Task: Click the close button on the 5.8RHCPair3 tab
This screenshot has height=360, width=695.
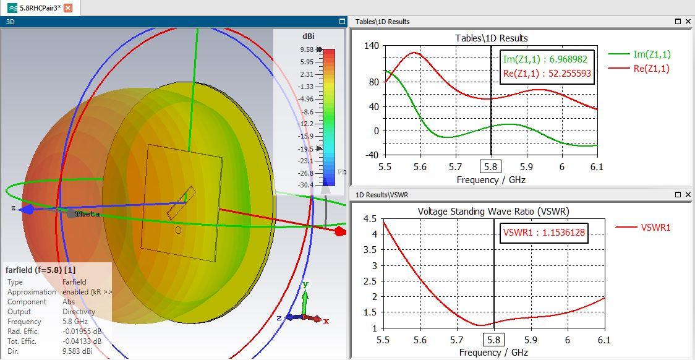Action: coord(68,8)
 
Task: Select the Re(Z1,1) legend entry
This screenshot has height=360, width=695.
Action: coord(651,69)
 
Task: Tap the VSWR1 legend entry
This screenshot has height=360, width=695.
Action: coord(655,228)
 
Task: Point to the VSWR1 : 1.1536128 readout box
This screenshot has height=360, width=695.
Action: coord(544,233)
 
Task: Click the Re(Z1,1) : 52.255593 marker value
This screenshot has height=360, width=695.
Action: coord(547,74)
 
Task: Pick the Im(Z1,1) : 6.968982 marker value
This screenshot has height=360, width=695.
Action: coord(545,59)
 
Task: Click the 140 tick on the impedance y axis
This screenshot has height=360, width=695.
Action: coord(372,46)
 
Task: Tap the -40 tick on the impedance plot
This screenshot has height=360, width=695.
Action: coord(372,155)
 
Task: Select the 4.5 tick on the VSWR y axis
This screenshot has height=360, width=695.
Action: coord(370,219)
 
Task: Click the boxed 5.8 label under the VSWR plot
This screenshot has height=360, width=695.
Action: coord(493,340)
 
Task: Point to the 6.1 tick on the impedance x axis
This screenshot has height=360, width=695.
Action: coord(597,167)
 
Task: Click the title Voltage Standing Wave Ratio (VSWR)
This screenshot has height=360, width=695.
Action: coord(493,212)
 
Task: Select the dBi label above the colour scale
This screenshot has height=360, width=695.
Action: coord(309,36)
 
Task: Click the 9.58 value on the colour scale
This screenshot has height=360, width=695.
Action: coord(307,49)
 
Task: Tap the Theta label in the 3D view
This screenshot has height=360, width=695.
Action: coord(87,214)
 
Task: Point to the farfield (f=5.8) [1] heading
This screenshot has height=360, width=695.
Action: coord(40,270)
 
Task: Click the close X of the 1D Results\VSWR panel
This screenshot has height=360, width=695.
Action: coord(688,195)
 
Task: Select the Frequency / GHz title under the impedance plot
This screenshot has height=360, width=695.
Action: coord(491,180)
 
